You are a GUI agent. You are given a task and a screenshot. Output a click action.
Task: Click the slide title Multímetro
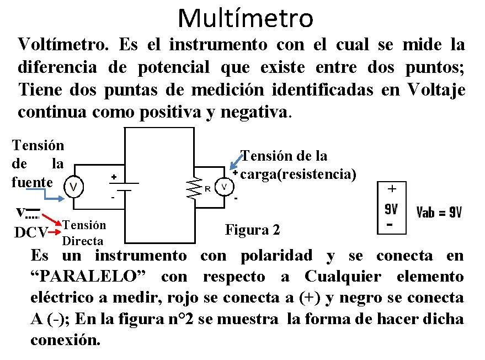tap(246, 18)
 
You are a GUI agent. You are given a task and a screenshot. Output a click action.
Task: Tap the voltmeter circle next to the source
tap(74, 187)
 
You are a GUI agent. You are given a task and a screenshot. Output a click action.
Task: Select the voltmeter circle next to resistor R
tap(224, 187)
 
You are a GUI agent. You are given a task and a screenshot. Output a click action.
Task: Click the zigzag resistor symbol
tap(193, 188)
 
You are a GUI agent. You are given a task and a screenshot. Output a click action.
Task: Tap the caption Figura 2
tap(253, 229)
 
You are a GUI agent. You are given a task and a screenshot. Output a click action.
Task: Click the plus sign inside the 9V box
tap(392, 189)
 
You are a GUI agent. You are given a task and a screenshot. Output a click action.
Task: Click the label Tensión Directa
tap(83, 232)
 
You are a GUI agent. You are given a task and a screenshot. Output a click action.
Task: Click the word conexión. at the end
tap(65, 340)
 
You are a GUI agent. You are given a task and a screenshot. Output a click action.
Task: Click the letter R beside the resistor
tap(207, 188)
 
